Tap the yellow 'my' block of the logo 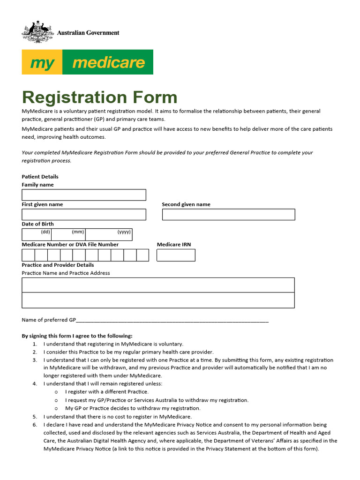[x=42, y=62]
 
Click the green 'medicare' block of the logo [x=107, y=62]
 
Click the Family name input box [x=84, y=195]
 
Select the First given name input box [x=84, y=215]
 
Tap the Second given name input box [x=228, y=215]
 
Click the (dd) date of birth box [x=37, y=234]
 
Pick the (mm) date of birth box [x=68, y=234]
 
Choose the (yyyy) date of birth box [x=109, y=234]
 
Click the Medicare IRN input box [x=176, y=255]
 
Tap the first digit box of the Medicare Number [x=28, y=255]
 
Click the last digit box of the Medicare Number [x=142, y=255]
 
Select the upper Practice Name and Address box [x=158, y=285]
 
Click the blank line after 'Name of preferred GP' [x=172, y=320]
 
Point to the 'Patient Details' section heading [x=40, y=177]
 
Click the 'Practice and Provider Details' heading [x=58, y=265]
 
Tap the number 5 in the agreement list [x=35, y=416]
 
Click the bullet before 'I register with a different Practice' [x=56, y=392]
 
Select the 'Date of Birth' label [x=38, y=224]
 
